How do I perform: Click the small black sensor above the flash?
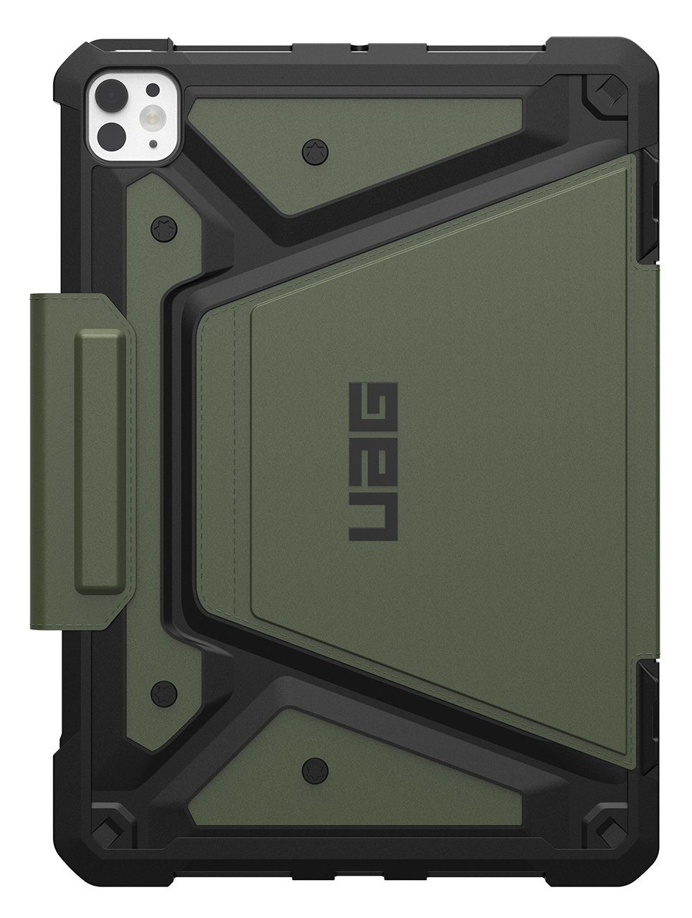point(153,89)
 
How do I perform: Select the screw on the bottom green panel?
point(313,771)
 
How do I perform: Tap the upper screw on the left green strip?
point(163,229)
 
